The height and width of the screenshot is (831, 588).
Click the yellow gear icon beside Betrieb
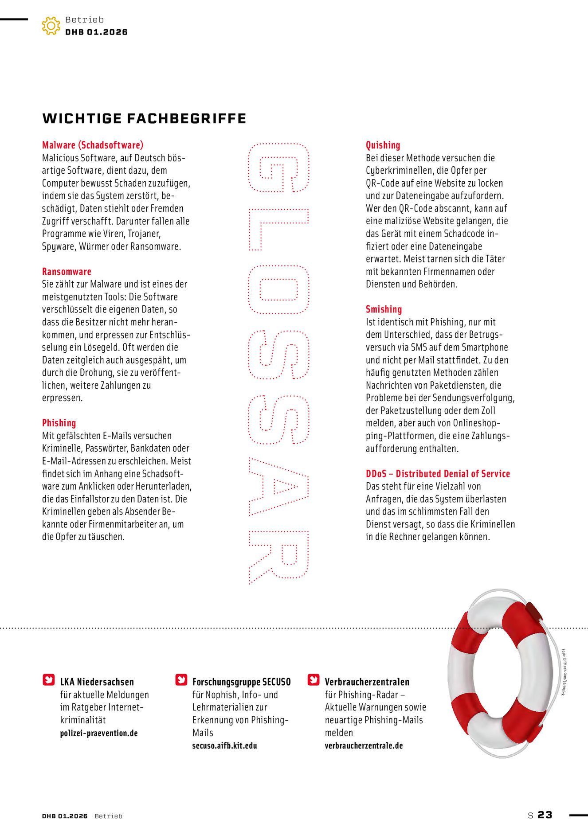(x=51, y=26)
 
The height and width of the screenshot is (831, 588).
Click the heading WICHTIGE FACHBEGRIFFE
(x=144, y=119)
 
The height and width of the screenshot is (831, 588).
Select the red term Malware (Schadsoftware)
(x=93, y=145)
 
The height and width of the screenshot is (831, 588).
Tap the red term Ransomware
(x=67, y=272)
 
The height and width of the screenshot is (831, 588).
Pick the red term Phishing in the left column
(x=59, y=423)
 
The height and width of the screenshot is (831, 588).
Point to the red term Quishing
(x=383, y=145)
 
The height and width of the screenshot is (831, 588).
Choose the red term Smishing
(x=384, y=309)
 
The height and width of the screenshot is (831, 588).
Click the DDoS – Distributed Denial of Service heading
(x=438, y=473)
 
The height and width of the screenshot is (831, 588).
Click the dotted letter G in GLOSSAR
(x=278, y=168)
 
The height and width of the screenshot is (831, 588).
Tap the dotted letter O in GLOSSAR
(x=278, y=289)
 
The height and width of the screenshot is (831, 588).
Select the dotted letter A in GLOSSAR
(x=278, y=487)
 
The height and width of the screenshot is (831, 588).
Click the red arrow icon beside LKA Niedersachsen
(x=49, y=679)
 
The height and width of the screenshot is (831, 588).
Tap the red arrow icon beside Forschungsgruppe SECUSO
(x=181, y=679)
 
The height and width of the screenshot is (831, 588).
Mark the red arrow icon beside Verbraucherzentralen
(x=314, y=679)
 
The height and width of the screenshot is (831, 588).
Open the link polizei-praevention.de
(x=99, y=733)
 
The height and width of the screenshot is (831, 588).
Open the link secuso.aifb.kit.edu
(x=224, y=745)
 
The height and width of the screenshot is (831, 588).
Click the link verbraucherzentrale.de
(x=364, y=745)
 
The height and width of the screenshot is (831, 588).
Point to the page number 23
(x=545, y=815)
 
